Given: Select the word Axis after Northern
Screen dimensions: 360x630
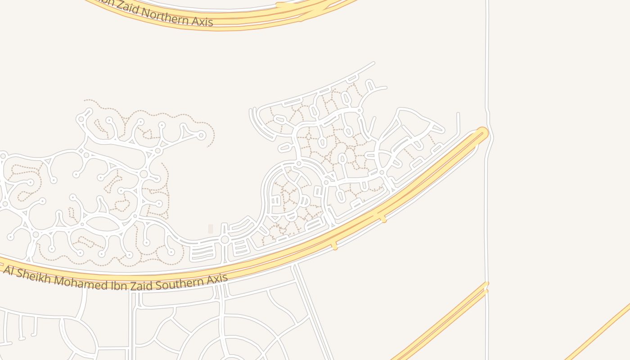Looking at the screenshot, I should coord(201,21).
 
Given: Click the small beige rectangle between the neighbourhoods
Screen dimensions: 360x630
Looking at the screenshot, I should coord(210,229).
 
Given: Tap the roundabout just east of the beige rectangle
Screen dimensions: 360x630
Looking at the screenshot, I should coord(225,239).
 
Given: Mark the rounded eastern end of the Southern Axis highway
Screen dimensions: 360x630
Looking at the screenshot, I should coord(482,133).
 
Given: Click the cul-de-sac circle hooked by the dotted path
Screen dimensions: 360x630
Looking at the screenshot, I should coord(201,135).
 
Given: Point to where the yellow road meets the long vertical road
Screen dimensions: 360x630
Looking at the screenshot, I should coord(486,285).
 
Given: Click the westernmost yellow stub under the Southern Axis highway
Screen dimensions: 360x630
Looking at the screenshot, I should coord(334,246).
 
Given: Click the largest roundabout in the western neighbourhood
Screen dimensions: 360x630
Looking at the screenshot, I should coord(144,174).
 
